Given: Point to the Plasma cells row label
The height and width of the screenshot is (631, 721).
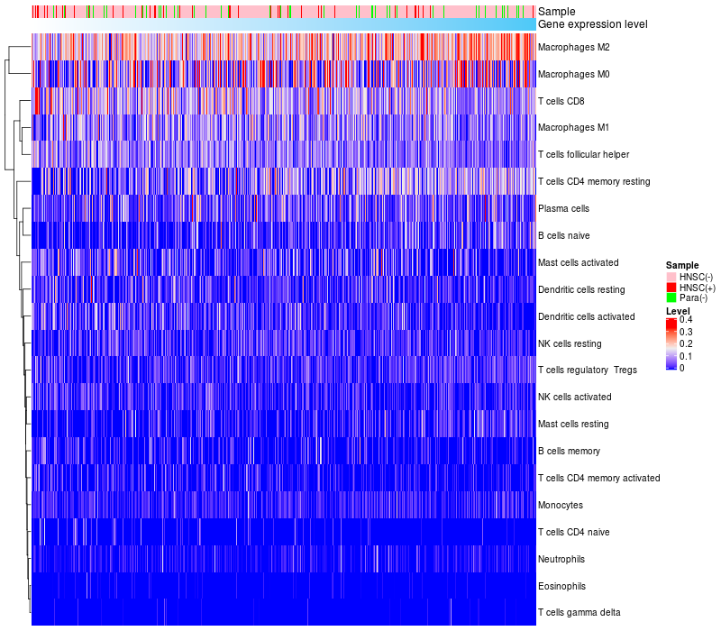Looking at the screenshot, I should coord(563,208).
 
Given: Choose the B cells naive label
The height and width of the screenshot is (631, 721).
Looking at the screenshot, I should coord(562,235).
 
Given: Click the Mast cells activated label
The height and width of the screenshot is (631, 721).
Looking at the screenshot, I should coord(578,262).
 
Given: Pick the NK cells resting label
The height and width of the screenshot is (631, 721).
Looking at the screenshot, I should coord(570,343).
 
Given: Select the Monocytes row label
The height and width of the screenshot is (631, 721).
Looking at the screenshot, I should coord(560,505).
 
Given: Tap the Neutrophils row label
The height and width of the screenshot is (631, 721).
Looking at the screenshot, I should coord(562,559).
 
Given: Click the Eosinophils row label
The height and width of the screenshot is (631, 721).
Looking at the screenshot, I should coord(561,586).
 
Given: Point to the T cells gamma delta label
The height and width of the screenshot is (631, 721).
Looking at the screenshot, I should coord(579,613).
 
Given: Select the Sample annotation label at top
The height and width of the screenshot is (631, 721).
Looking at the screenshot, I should coord(556,12).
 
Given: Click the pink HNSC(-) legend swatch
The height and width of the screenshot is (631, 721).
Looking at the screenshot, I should coord(671,276).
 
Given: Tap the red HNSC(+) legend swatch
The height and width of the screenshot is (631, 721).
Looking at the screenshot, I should coord(671,287).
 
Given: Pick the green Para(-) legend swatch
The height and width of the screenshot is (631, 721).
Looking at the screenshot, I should coord(671,297).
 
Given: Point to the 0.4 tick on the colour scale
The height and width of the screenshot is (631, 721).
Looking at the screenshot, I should coord(686,320).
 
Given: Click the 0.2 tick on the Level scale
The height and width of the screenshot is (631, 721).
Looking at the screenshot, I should coord(686,344).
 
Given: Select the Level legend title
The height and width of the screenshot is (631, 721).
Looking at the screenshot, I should coord(677,311).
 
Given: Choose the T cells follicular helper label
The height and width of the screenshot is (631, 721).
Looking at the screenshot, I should coord(583,154).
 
